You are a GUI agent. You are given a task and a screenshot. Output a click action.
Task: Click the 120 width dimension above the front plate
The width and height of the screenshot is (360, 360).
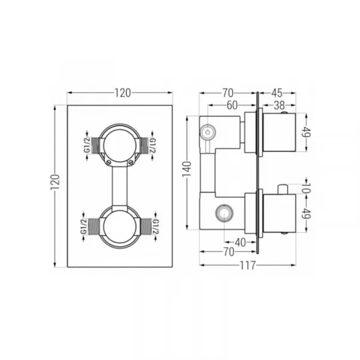122,93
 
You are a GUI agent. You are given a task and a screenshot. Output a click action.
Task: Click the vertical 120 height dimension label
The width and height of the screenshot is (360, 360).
55,182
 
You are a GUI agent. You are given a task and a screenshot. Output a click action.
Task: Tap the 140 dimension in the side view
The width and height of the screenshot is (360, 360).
187,169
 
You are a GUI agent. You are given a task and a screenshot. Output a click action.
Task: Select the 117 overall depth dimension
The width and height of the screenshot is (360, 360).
247,265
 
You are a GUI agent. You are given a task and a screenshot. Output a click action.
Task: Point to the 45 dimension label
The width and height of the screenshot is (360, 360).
277,93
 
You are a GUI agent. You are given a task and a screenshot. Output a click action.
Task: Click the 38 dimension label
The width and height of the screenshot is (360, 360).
279,106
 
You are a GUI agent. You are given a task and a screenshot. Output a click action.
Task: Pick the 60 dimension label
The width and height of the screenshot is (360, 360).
232,106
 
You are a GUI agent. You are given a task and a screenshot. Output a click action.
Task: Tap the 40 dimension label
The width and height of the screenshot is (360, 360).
240,242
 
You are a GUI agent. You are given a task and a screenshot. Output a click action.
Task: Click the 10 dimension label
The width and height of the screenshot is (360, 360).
307,188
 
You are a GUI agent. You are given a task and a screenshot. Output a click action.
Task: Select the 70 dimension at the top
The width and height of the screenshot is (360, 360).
228,93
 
